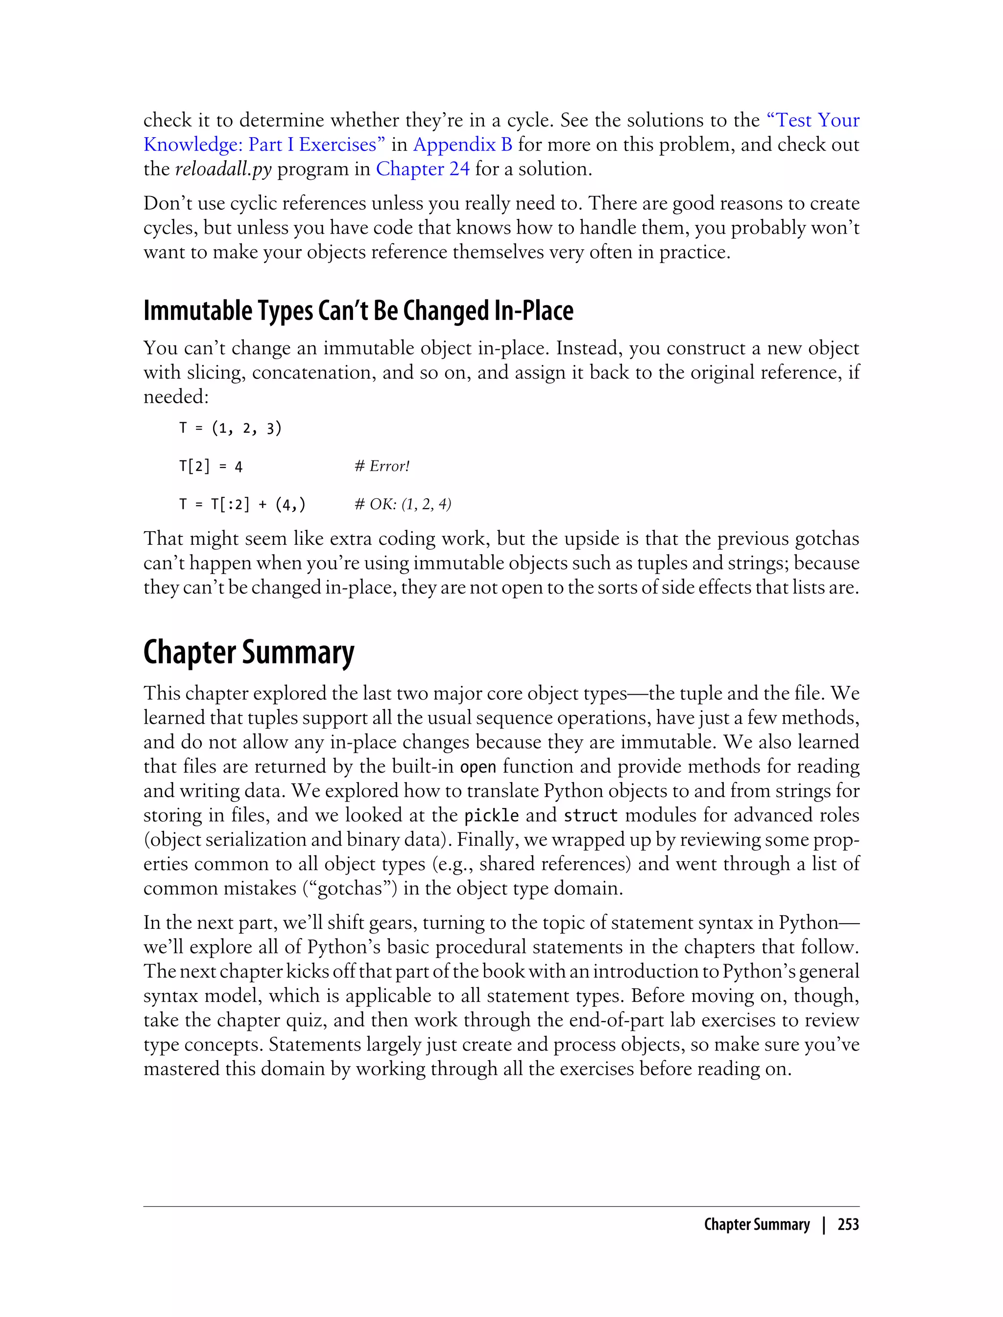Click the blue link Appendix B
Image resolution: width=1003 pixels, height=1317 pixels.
click(462, 145)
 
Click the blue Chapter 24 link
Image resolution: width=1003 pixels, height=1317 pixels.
click(422, 169)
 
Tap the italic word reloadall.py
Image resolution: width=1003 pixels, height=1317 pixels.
click(223, 169)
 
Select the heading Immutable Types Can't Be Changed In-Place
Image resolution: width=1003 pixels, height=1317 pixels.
click(358, 311)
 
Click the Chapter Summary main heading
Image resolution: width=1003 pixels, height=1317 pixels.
click(248, 652)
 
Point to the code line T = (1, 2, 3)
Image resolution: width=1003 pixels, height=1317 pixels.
click(231, 428)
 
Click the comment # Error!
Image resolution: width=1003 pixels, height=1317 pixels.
click(382, 466)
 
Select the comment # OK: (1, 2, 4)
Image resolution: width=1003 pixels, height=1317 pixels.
click(403, 504)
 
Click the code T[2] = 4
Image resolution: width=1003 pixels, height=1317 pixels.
click(211, 466)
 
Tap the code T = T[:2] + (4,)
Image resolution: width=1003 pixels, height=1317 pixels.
click(242, 505)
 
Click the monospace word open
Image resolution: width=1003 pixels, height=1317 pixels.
click(478, 767)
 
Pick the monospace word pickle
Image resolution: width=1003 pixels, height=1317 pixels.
click(491, 816)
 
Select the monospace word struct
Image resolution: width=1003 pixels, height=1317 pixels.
click(591, 816)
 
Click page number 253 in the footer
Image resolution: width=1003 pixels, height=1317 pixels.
click(848, 1224)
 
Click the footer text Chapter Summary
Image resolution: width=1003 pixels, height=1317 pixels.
click(757, 1224)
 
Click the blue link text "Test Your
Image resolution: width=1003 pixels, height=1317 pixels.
click(812, 120)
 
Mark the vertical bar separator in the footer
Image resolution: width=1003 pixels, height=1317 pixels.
click(824, 1224)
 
